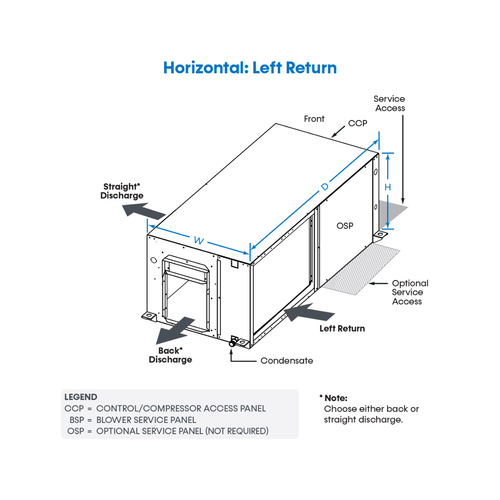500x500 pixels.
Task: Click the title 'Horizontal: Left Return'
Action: click(x=250, y=68)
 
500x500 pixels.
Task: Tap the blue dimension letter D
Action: click(x=325, y=187)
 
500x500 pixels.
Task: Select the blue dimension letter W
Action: click(x=199, y=240)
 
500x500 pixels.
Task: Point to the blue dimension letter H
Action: click(x=388, y=187)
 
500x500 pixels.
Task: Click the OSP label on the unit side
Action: click(x=345, y=226)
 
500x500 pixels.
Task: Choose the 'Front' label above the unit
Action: click(x=314, y=119)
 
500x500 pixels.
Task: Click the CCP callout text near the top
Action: click(x=357, y=123)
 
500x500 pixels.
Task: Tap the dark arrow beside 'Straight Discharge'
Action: click(x=144, y=212)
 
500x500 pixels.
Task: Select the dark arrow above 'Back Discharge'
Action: click(x=175, y=330)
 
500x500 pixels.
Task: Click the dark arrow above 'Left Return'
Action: click(x=309, y=313)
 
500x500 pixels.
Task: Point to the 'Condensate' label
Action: click(x=287, y=361)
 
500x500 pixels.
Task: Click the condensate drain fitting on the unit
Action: click(x=233, y=341)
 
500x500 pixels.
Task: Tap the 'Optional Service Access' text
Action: click(x=410, y=292)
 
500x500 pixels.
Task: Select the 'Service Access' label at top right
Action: click(x=389, y=103)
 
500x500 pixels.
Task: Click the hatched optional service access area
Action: click(x=362, y=269)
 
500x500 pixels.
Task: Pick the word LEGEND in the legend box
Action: click(x=81, y=397)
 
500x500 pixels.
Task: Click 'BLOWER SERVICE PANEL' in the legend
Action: click(x=146, y=420)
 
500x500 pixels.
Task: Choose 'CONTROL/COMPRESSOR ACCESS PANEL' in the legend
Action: click(x=181, y=408)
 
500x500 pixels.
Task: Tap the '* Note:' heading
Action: click(x=333, y=398)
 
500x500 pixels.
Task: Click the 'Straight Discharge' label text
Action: click(x=122, y=191)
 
